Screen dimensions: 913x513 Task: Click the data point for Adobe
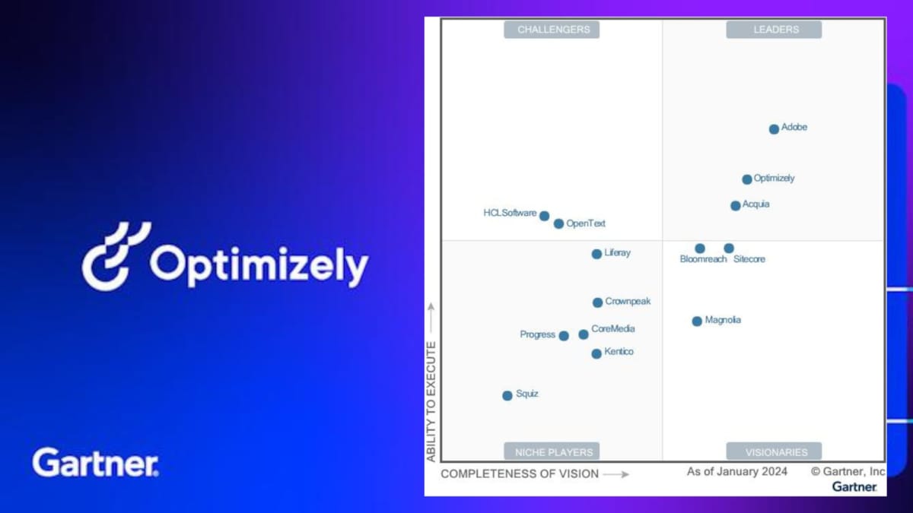(x=774, y=129)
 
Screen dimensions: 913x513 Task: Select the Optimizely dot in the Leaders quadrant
(x=746, y=179)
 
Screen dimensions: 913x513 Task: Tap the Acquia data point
(x=735, y=206)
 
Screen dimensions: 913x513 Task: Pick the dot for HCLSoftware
(x=544, y=216)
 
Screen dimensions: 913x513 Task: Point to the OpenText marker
(x=558, y=223)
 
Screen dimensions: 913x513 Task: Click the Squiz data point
(x=507, y=395)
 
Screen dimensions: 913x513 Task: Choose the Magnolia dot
(x=697, y=321)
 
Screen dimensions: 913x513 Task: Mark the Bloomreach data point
(x=700, y=249)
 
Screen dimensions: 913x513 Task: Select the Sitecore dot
(x=729, y=248)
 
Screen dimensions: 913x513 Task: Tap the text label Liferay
(x=617, y=253)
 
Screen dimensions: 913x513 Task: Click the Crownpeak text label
(x=628, y=301)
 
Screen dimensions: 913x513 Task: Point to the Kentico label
(x=619, y=351)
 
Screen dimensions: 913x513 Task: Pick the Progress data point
(x=564, y=336)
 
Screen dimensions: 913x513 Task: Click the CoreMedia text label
(x=613, y=328)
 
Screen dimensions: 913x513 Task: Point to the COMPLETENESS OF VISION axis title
(x=520, y=474)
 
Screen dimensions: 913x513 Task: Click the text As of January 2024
(x=737, y=471)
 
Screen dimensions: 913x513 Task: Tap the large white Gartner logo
(x=95, y=462)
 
